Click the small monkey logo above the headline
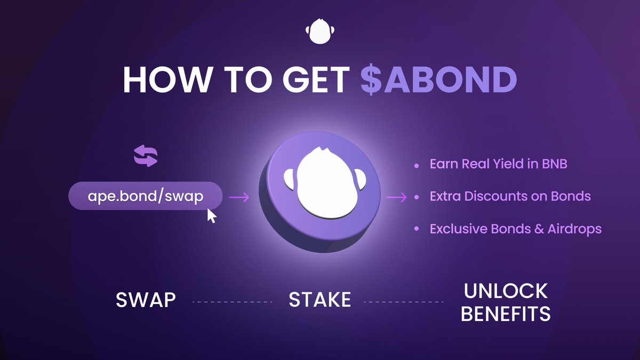[319, 31]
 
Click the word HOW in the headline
[167, 79]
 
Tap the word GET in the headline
[316, 79]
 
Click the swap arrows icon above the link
[146, 156]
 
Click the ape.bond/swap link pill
[146, 196]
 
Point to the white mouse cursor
[211, 215]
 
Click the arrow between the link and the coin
[239, 197]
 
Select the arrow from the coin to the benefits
[397, 197]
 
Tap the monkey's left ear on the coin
[289, 179]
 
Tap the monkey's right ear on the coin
[359, 179]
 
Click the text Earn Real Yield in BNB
[498, 164]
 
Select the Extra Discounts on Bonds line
[510, 196]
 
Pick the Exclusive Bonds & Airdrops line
[515, 229]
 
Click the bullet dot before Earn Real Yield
[417, 165]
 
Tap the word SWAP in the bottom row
[146, 300]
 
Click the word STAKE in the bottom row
[319, 300]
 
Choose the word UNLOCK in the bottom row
[506, 291]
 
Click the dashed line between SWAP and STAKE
[233, 302]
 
